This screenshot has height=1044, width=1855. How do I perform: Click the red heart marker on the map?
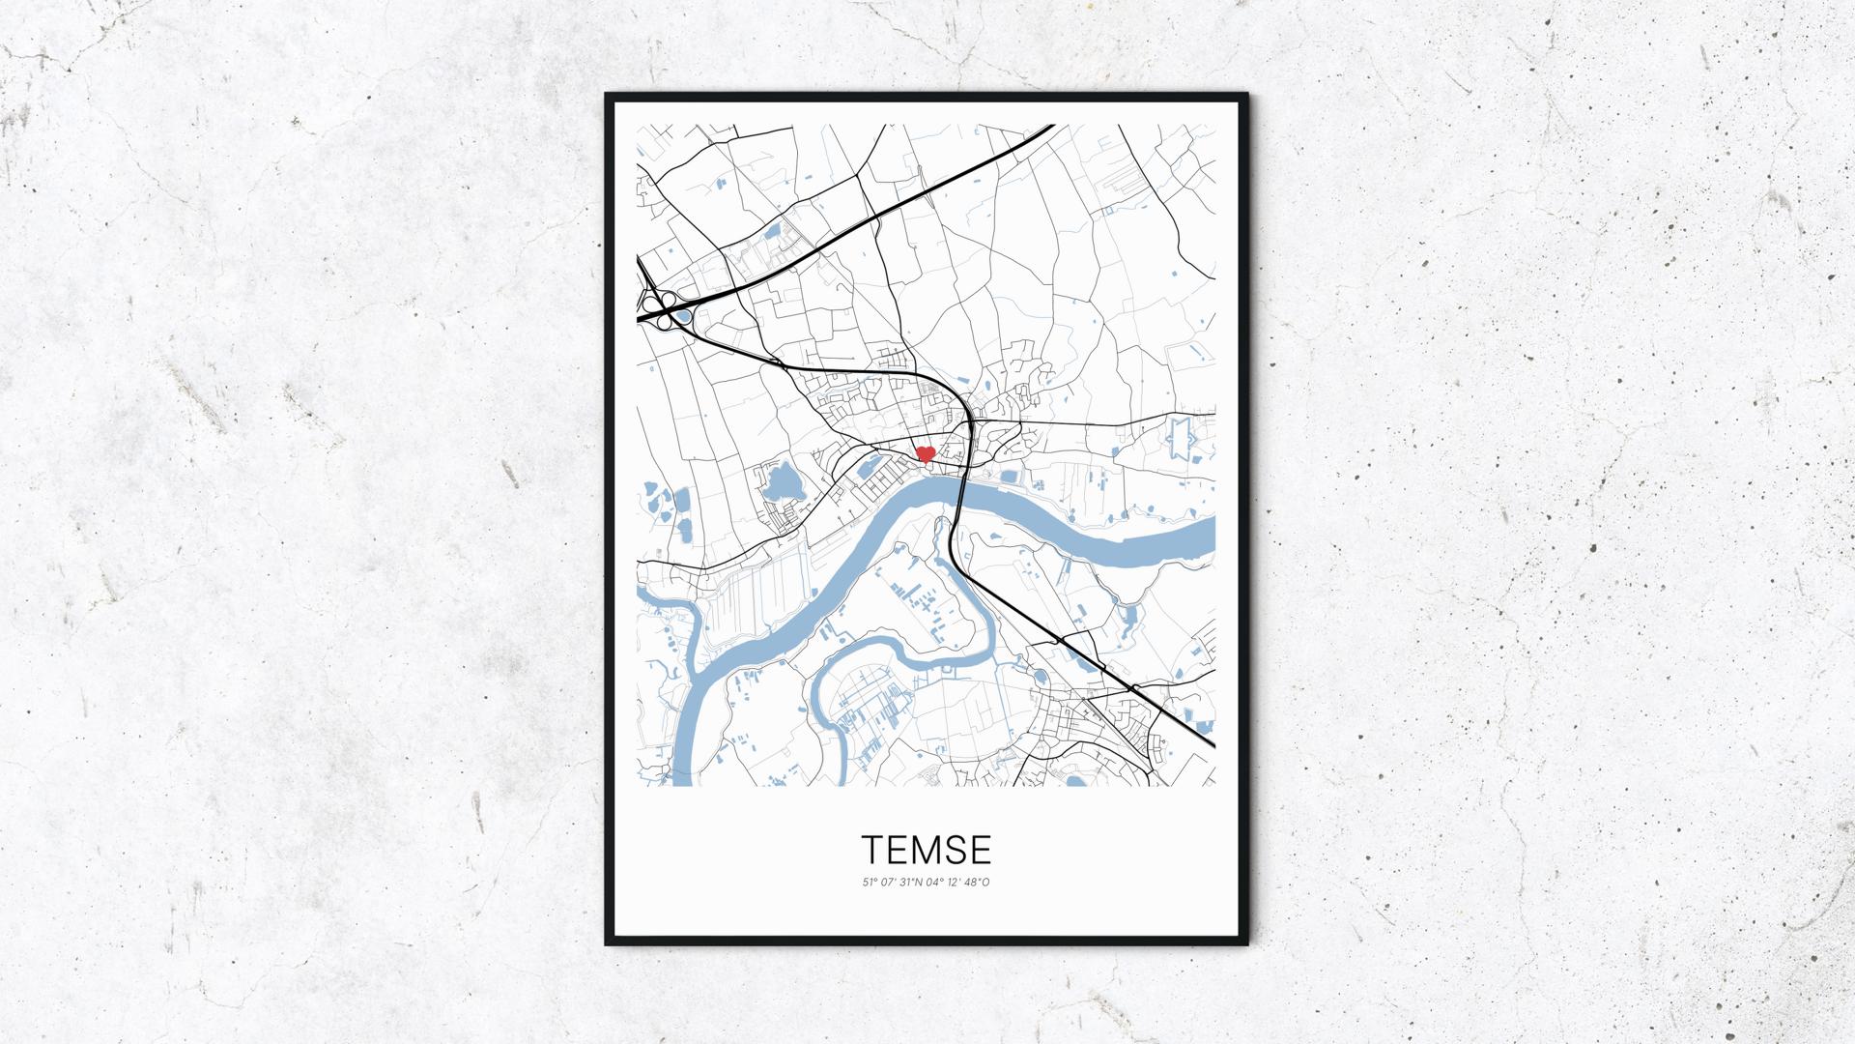(925, 453)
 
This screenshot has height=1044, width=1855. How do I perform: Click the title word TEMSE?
(927, 850)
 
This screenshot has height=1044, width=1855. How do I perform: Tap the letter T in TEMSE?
(871, 850)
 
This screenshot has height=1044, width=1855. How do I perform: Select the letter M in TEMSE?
(927, 850)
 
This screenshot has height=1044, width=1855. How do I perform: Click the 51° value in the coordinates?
(869, 882)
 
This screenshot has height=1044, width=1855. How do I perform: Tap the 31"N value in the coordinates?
(912, 882)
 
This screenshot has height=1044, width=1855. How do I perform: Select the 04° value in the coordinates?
(936, 882)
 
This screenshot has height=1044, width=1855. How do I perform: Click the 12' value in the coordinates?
(956, 882)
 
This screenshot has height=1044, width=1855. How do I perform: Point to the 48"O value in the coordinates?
(979, 882)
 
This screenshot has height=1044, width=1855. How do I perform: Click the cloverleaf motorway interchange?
(661, 308)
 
